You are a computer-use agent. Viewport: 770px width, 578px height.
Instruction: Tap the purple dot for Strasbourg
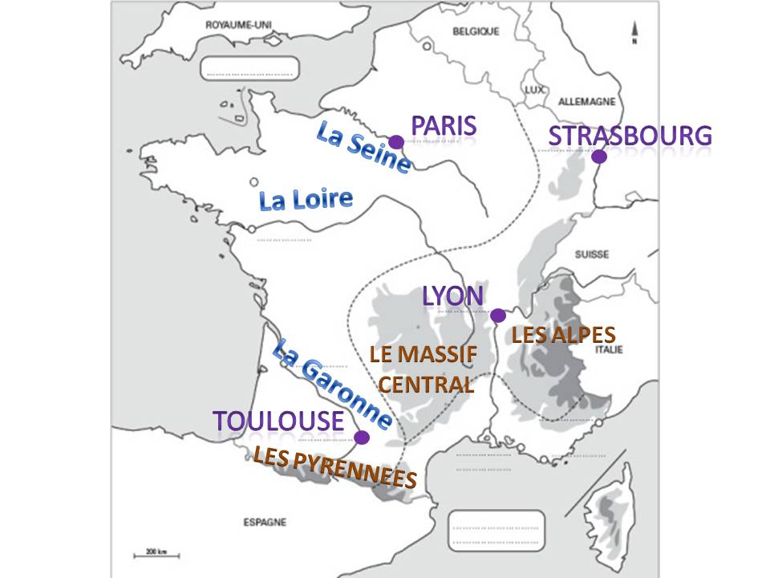598,157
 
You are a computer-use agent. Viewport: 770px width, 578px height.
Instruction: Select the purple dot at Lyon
497,315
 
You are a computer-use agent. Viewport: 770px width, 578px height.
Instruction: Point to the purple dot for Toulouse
362,438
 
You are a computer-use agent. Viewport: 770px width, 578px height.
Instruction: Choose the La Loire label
306,199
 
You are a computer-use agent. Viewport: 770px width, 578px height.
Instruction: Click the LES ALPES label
563,335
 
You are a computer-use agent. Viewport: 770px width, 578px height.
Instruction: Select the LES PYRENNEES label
335,467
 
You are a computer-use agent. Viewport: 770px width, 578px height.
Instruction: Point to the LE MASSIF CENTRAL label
423,368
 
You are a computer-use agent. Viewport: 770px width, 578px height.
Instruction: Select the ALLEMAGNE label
586,102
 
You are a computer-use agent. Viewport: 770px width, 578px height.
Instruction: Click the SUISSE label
591,254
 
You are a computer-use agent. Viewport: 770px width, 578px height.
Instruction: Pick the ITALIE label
606,348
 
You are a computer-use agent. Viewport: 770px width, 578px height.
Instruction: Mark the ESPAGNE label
265,522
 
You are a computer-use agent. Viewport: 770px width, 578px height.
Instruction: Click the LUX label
535,90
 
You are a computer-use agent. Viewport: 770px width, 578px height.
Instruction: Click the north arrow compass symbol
634,31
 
